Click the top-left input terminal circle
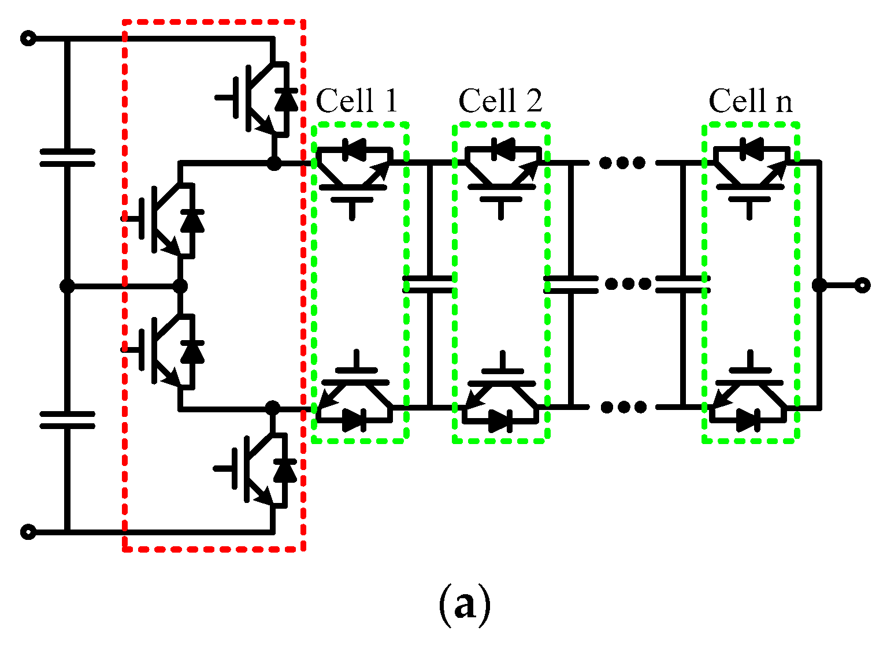click(x=28, y=39)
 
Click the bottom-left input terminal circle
click(x=28, y=532)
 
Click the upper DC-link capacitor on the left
click(x=67, y=157)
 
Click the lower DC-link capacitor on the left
click(x=67, y=420)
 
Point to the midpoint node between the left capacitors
click(x=67, y=286)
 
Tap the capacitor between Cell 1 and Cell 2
click(x=429, y=284)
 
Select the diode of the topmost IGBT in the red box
click(x=286, y=99)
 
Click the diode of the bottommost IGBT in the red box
click(x=285, y=471)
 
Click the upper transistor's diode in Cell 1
click(x=353, y=150)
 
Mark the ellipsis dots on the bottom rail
click(x=623, y=407)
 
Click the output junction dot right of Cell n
click(x=819, y=285)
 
